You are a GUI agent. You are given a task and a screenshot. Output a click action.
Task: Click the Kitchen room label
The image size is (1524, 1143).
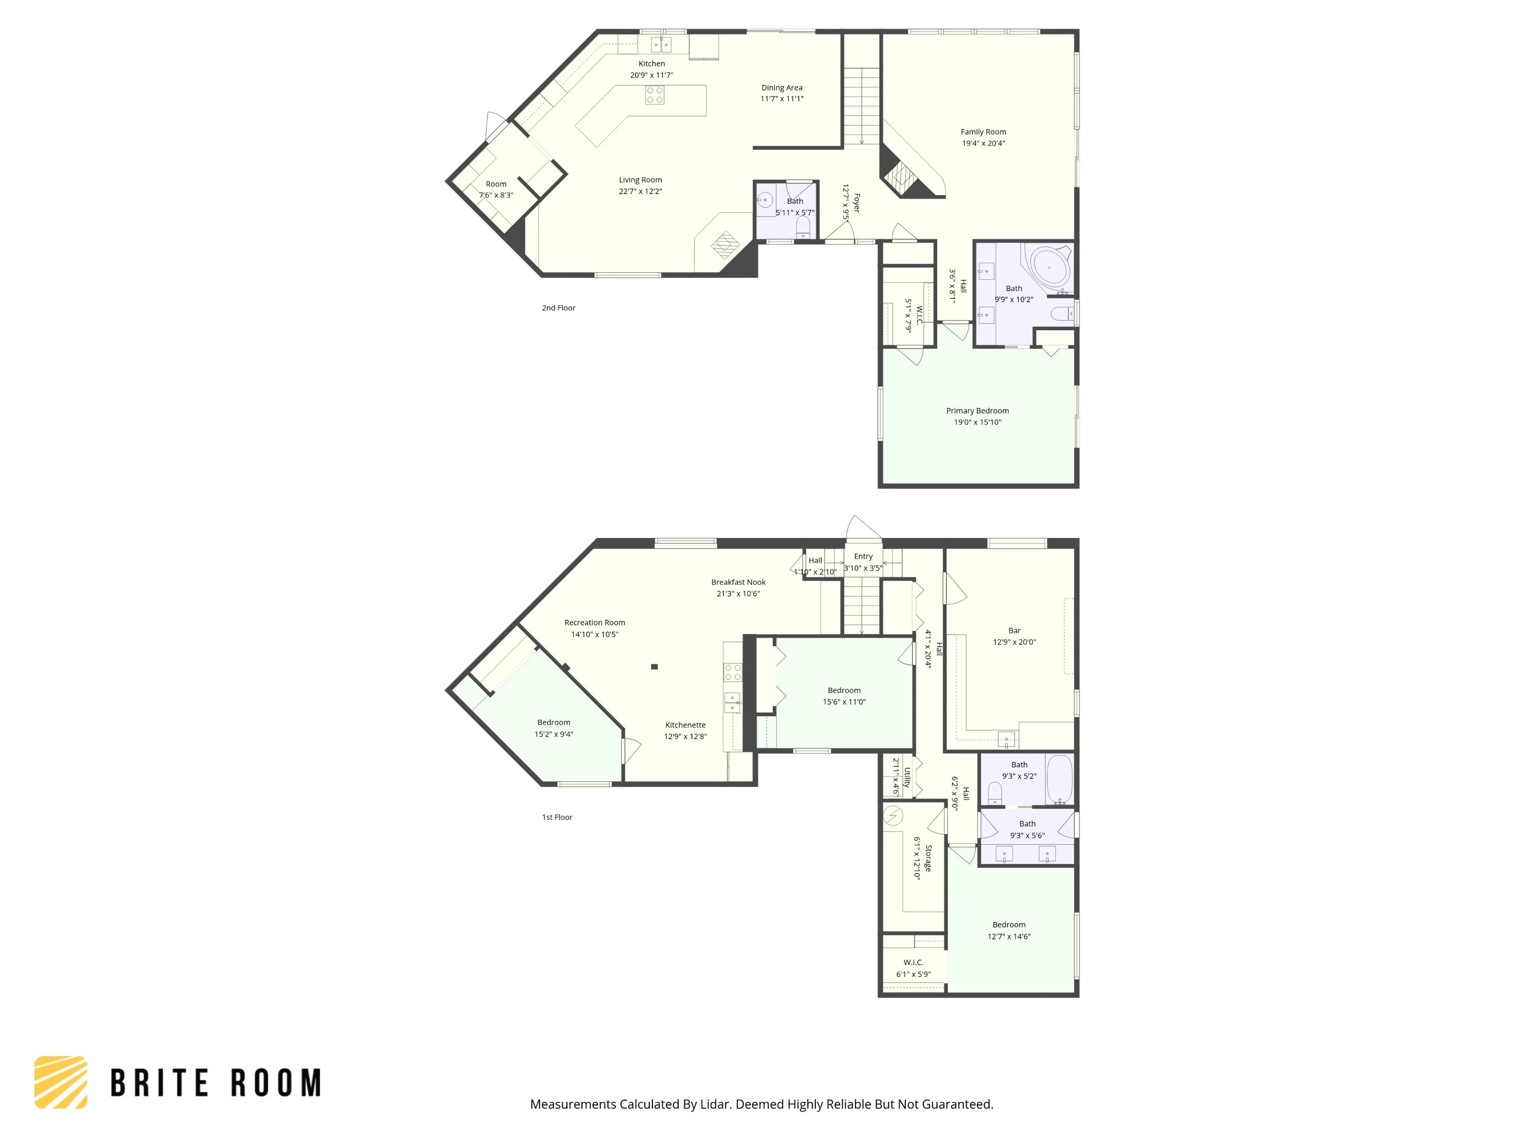point(651,63)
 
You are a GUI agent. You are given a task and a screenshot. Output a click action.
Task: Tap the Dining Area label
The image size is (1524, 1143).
point(781,87)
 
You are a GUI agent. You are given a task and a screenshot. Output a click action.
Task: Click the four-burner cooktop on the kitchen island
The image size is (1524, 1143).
point(654,95)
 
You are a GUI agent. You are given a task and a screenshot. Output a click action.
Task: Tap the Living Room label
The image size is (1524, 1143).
point(640,180)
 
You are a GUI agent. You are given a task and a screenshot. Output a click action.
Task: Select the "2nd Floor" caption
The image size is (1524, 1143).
point(558,308)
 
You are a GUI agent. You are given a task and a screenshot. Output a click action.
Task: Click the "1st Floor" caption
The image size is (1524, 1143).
point(557,817)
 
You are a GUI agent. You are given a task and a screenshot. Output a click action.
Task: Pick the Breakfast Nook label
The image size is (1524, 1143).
point(738,582)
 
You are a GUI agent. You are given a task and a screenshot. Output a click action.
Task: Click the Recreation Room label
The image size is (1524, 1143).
point(594,622)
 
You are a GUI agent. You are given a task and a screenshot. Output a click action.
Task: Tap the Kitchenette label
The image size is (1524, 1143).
point(685,725)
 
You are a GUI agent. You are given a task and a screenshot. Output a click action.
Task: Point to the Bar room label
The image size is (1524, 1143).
point(1014,630)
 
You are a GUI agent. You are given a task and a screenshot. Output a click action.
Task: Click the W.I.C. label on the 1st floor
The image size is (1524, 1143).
point(913,963)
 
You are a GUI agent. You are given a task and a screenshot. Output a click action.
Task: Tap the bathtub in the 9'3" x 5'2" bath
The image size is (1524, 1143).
point(1060,780)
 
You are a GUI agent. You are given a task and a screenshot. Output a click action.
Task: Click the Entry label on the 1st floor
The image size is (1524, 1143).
point(863,556)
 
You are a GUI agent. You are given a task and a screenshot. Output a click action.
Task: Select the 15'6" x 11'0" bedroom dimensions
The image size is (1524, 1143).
point(844,702)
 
